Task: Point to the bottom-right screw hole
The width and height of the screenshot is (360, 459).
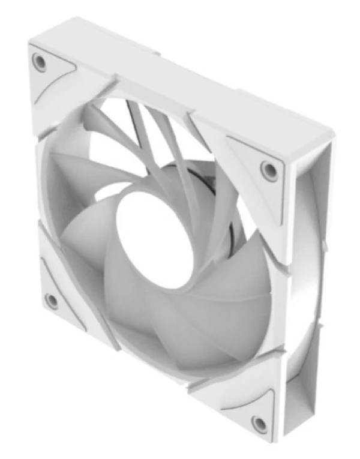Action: pyautogui.click(x=260, y=424)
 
